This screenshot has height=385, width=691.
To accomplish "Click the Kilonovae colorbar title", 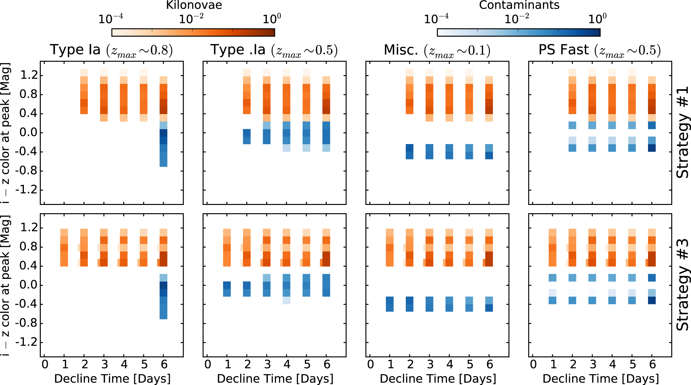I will (194, 5).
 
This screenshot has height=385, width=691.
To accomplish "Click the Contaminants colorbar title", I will (519, 5).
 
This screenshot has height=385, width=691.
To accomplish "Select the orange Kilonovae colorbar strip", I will (193, 33).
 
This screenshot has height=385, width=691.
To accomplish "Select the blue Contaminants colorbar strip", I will (518, 33).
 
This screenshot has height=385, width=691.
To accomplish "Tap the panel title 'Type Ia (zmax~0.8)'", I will (111, 50).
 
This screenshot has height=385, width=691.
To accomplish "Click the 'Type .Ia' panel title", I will (274, 50).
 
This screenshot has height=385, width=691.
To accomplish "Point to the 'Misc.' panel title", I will (437, 50).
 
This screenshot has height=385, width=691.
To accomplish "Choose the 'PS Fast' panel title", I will (600, 50).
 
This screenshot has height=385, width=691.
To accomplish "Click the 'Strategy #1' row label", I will (683, 133).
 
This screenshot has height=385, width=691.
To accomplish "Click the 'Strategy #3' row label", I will (683, 285).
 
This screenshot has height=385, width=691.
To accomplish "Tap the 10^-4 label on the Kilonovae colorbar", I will (110, 19).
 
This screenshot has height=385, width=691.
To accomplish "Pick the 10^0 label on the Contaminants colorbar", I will (597, 19).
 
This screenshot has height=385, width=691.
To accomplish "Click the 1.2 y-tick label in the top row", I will (29, 76).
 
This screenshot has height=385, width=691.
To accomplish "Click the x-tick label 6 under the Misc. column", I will (489, 364).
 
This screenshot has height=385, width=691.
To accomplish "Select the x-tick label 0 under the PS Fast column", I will (533, 364).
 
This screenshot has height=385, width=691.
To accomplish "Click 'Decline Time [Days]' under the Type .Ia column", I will (275, 379).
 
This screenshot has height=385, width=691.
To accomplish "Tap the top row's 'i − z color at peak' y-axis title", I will (6, 133).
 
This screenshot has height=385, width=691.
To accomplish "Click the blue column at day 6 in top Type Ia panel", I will (163, 144).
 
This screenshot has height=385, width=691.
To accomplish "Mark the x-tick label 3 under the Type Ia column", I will (104, 364).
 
